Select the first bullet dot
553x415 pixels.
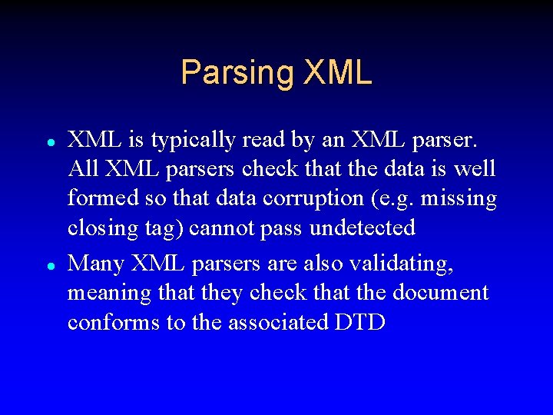point(49,143)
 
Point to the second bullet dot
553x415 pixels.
point(49,266)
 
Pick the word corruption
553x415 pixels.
point(314,199)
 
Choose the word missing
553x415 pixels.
point(459,199)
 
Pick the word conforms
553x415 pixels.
point(114,322)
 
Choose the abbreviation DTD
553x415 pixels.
point(360,322)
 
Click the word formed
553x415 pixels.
point(103,198)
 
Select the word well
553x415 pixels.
point(477,169)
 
